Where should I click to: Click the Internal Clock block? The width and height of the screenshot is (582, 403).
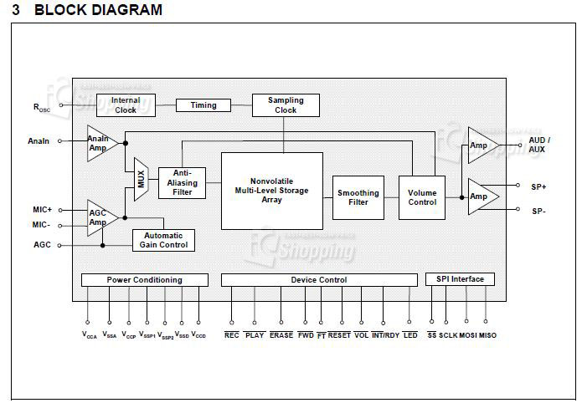coord(126,105)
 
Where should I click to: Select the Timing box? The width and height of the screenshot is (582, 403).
coord(203,105)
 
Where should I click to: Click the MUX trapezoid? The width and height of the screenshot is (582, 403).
coord(141,179)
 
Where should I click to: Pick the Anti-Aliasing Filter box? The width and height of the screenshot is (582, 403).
coord(182,182)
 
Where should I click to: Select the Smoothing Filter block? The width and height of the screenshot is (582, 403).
coord(358,197)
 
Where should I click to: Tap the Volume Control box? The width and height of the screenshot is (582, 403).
coord(421,197)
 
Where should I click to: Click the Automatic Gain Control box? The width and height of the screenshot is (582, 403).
coord(163,240)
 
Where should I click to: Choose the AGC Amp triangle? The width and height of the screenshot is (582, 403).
coord(100,217)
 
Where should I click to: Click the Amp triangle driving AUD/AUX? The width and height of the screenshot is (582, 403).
coord(481,145)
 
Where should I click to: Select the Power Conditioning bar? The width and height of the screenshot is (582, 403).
coord(144,279)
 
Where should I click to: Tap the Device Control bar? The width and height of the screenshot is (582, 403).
coord(318,279)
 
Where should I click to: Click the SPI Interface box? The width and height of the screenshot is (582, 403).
coord(460,278)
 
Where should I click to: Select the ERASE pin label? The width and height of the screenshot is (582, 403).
coord(281,335)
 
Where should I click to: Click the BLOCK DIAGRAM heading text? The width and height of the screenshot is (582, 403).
coord(99,10)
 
